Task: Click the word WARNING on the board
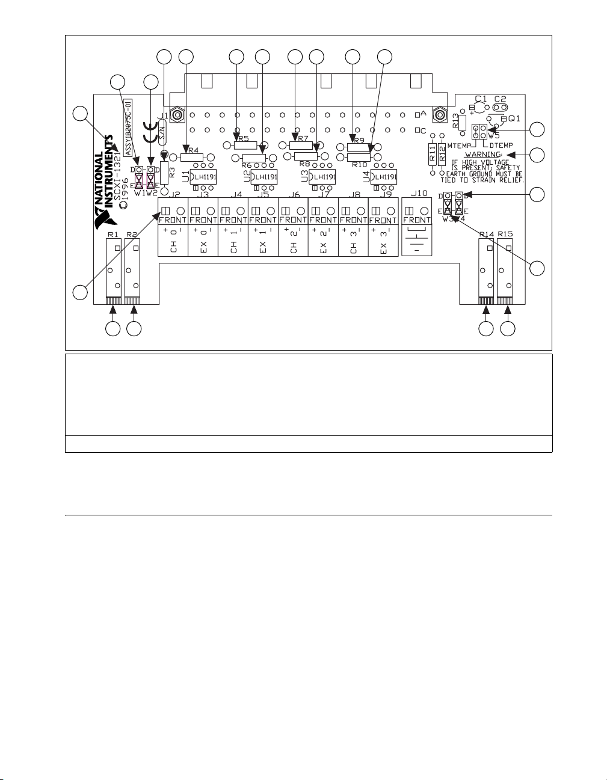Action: pyautogui.click(x=484, y=155)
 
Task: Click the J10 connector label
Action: pyautogui.click(x=418, y=194)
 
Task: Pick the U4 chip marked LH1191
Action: pyautogui.click(x=383, y=177)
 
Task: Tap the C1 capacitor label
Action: pyautogui.click(x=481, y=98)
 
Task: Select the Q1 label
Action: pyautogui.click(x=515, y=119)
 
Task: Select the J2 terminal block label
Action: pyautogui.click(x=174, y=194)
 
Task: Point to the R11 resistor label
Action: pyautogui.click(x=432, y=154)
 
